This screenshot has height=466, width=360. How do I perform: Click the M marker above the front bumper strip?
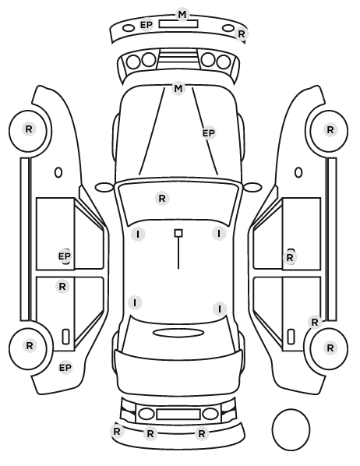182,14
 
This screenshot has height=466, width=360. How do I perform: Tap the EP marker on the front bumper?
146,25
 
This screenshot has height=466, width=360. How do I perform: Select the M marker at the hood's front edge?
178,89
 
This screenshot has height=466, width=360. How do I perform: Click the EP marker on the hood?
209,133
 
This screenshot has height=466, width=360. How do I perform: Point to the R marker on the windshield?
162,198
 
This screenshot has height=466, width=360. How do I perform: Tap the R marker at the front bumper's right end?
242,34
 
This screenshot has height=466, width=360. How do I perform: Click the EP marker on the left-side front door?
65,256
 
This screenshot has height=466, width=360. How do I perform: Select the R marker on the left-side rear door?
62,287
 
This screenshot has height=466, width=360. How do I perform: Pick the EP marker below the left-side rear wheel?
65,368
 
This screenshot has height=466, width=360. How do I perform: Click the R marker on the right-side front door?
290,258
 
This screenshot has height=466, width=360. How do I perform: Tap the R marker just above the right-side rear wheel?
315,322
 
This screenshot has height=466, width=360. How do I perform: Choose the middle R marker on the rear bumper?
150,433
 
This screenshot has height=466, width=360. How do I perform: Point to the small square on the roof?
178,233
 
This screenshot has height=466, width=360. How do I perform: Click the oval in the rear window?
178,333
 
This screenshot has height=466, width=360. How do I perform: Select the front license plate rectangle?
178,24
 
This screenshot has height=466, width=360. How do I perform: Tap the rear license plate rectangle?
178,414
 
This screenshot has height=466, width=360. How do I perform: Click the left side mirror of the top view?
104,187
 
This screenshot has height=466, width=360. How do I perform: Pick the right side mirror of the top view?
252,187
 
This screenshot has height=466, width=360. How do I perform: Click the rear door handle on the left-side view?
65,337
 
